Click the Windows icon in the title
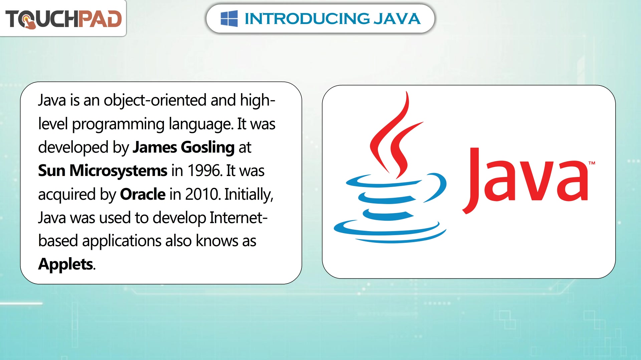(x=229, y=18)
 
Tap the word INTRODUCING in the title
(x=307, y=19)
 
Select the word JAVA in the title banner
(x=397, y=19)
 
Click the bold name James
(x=155, y=147)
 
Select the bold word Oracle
(x=143, y=194)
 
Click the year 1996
(x=205, y=171)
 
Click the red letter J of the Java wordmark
(x=471, y=180)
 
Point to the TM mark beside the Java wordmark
(x=592, y=163)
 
